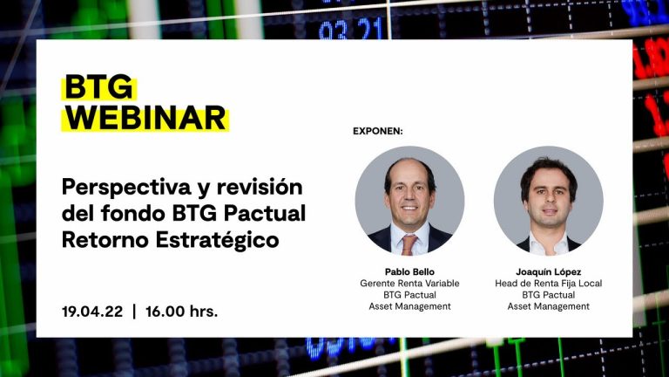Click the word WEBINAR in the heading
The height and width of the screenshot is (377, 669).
tap(145, 118)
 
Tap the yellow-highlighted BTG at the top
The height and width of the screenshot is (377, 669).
tap(98, 87)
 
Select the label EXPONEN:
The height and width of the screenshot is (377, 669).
tap(377, 131)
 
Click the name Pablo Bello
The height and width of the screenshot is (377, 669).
tap(409, 272)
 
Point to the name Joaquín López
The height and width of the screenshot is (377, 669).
tap(548, 272)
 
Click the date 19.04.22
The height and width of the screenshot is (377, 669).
tap(92, 312)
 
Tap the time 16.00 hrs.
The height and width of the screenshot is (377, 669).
tap(182, 312)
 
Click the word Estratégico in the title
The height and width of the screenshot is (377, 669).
tap(217, 240)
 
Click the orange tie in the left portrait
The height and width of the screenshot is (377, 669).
tap(409, 244)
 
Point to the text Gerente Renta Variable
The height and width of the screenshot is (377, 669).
tap(409, 284)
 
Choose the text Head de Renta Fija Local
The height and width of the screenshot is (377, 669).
tap(548, 284)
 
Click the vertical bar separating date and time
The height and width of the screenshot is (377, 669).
tap(134, 312)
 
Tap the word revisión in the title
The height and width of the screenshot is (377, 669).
tap(260, 187)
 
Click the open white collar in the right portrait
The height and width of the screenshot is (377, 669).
tap(548, 246)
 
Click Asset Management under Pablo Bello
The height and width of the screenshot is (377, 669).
tap(409, 306)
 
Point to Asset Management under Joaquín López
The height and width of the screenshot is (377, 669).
tap(548, 306)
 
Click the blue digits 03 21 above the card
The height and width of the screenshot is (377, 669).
tap(350, 29)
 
